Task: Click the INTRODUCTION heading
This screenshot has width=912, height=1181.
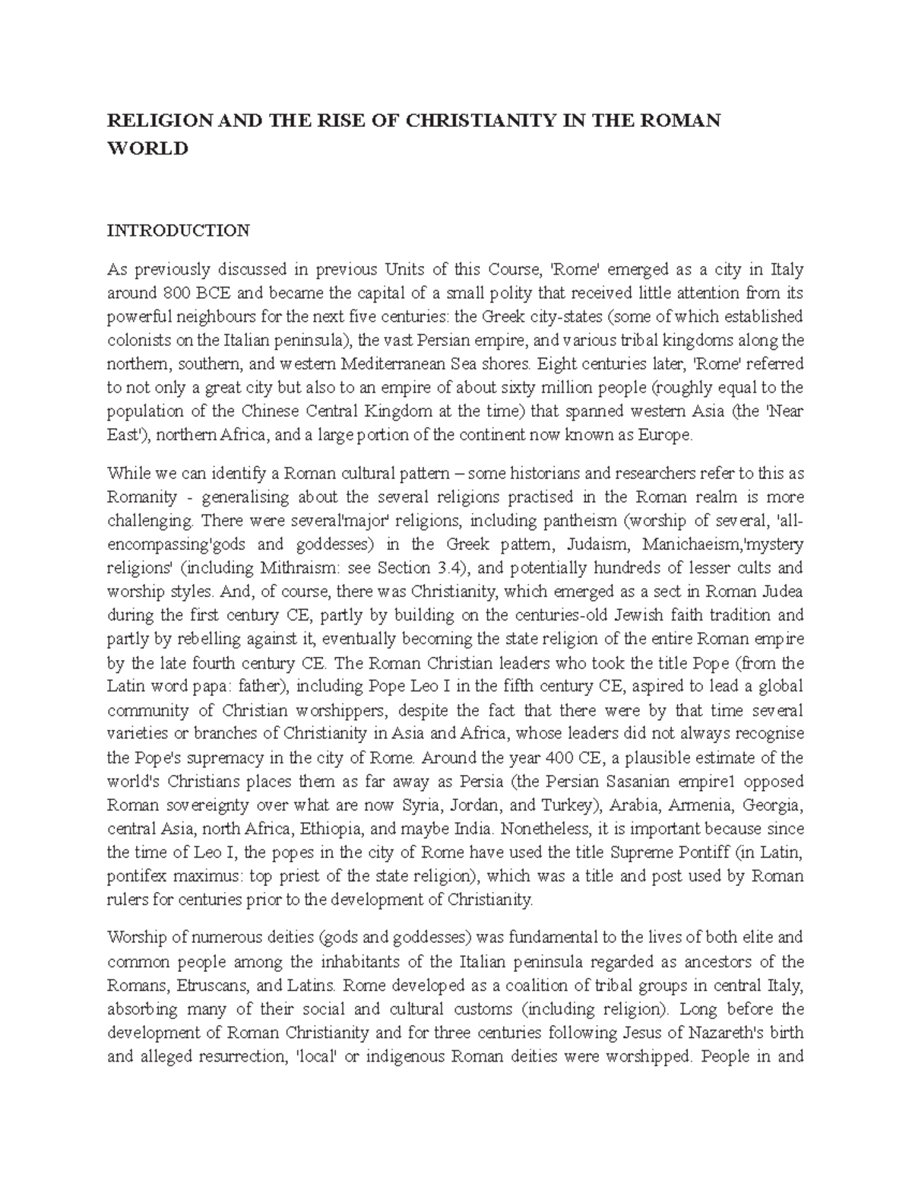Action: [x=178, y=230]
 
